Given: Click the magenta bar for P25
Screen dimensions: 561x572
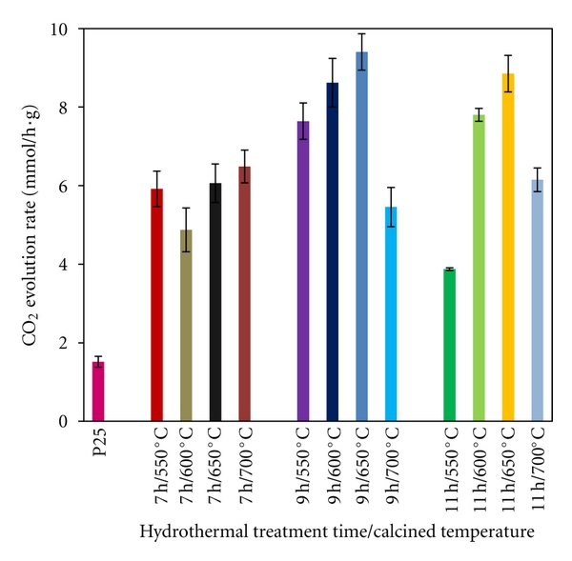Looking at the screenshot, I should coord(98,391).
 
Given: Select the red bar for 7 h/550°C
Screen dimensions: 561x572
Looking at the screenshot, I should coord(157,305).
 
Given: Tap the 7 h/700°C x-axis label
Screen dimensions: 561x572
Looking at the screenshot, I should coord(245,464).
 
